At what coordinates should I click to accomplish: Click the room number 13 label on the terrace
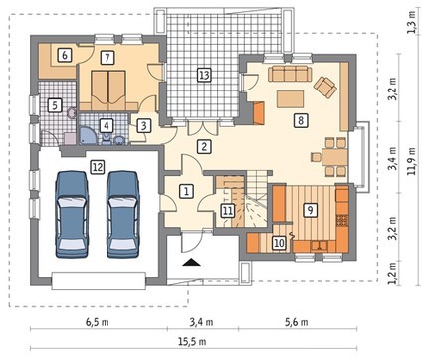204,75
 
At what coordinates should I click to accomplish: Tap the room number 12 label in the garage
98,167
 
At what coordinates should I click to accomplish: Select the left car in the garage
73,214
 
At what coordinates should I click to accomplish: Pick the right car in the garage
122,214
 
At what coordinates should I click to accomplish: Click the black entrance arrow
191,263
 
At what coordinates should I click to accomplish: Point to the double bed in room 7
108,90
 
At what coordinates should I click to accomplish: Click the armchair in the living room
325,88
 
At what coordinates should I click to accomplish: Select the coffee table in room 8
291,99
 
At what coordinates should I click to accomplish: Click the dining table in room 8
334,157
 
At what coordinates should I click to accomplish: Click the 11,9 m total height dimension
411,160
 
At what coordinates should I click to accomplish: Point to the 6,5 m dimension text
98,322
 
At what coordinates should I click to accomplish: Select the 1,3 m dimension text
411,23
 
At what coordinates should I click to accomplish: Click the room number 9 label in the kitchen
310,210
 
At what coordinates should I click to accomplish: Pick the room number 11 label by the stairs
228,210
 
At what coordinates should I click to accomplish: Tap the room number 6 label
65,55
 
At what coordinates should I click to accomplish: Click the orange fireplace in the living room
259,113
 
